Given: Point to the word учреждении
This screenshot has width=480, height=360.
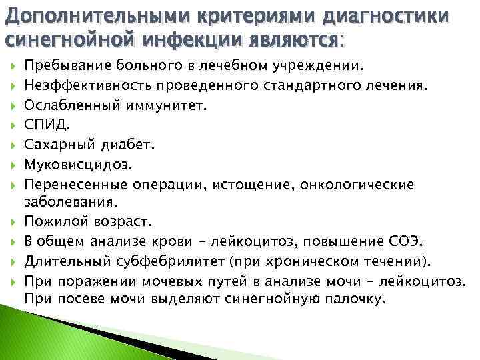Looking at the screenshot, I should coord(319,66).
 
